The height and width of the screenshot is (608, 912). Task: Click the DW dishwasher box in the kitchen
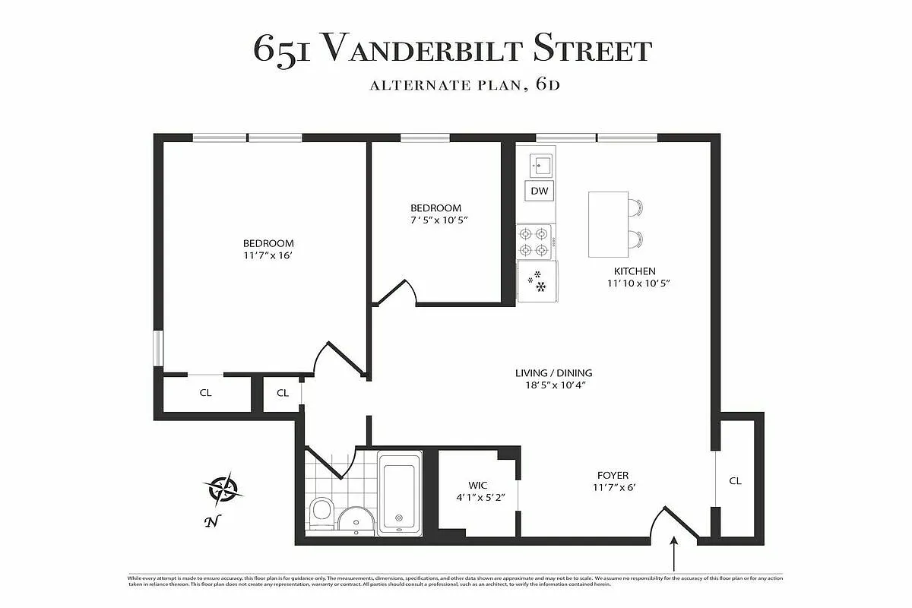539,191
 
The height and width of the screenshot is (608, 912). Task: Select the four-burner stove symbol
534,242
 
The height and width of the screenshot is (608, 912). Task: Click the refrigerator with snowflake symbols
537,281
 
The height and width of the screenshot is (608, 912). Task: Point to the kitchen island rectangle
607,224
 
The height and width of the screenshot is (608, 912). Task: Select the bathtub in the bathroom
400,492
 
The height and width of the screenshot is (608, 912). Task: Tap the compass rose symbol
223,489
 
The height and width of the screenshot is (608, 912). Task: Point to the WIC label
478,486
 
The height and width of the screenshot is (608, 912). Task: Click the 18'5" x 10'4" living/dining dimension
553,386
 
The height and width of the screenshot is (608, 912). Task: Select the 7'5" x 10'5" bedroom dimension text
435,220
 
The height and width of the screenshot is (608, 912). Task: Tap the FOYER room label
613,476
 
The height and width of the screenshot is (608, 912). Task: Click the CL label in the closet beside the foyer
735,481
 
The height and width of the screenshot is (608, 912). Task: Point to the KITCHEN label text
635,271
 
